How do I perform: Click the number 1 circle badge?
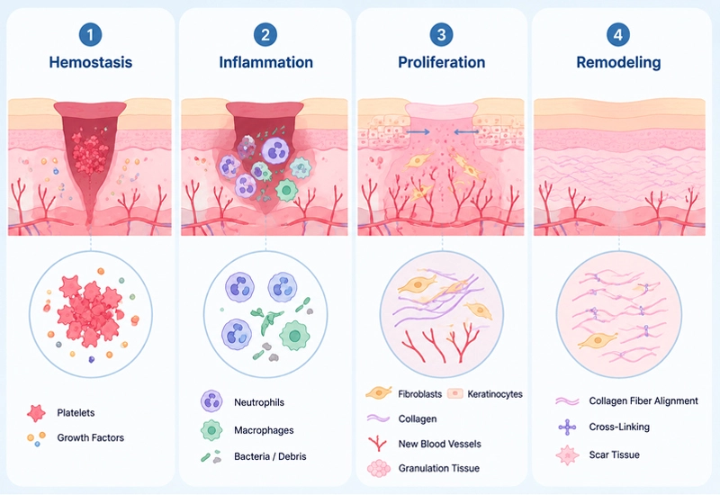[90, 34]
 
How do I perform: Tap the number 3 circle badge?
[441, 34]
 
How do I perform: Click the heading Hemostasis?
[91, 62]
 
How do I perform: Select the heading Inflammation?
[265, 62]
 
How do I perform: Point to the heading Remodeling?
[618, 62]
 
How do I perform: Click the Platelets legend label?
[76, 413]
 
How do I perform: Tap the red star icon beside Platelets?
[36, 413]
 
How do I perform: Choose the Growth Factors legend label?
[91, 437]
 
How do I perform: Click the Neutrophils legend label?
[259, 402]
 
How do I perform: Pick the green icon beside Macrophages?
[211, 430]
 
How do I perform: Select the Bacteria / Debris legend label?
[270, 456]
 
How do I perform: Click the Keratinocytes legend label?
[495, 394]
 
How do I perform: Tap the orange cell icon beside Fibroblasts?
[379, 392]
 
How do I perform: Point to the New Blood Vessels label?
[440, 444]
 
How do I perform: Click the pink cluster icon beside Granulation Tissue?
[379, 468]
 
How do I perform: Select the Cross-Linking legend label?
[619, 427]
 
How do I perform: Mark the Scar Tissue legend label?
[615, 455]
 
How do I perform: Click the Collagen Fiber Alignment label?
[643, 400]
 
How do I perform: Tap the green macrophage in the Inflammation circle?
[295, 336]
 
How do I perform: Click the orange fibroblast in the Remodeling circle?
[597, 340]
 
